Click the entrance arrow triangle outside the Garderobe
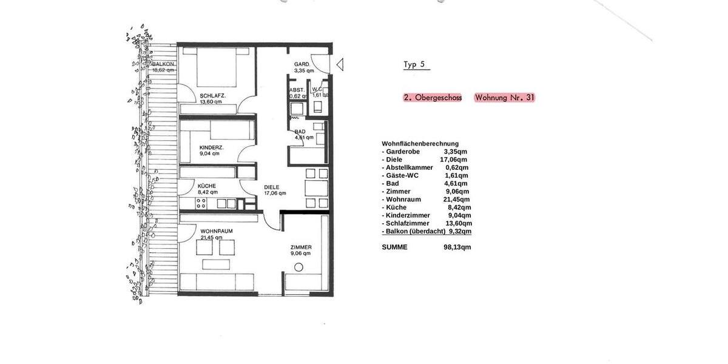pyautogui.click(x=340, y=64)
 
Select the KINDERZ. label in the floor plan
pyautogui.click(x=211, y=147)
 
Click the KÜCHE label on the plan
pyautogui.click(x=206, y=186)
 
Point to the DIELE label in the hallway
pyautogui.click(x=272, y=187)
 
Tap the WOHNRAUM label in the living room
pyautogui.click(x=217, y=231)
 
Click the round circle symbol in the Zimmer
pyautogui.click(x=298, y=268)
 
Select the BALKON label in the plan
pyautogui.click(x=164, y=64)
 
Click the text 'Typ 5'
pyautogui.click(x=416, y=64)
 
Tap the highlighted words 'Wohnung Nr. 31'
pyautogui.click(x=505, y=98)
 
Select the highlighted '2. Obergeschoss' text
pyautogui.click(x=433, y=98)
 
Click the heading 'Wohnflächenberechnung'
pyautogui.click(x=420, y=144)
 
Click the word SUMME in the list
pyautogui.click(x=394, y=247)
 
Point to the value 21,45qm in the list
pyautogui.click(x=456, y=199)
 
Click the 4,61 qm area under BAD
pyautogui.click(x=304, y=137)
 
